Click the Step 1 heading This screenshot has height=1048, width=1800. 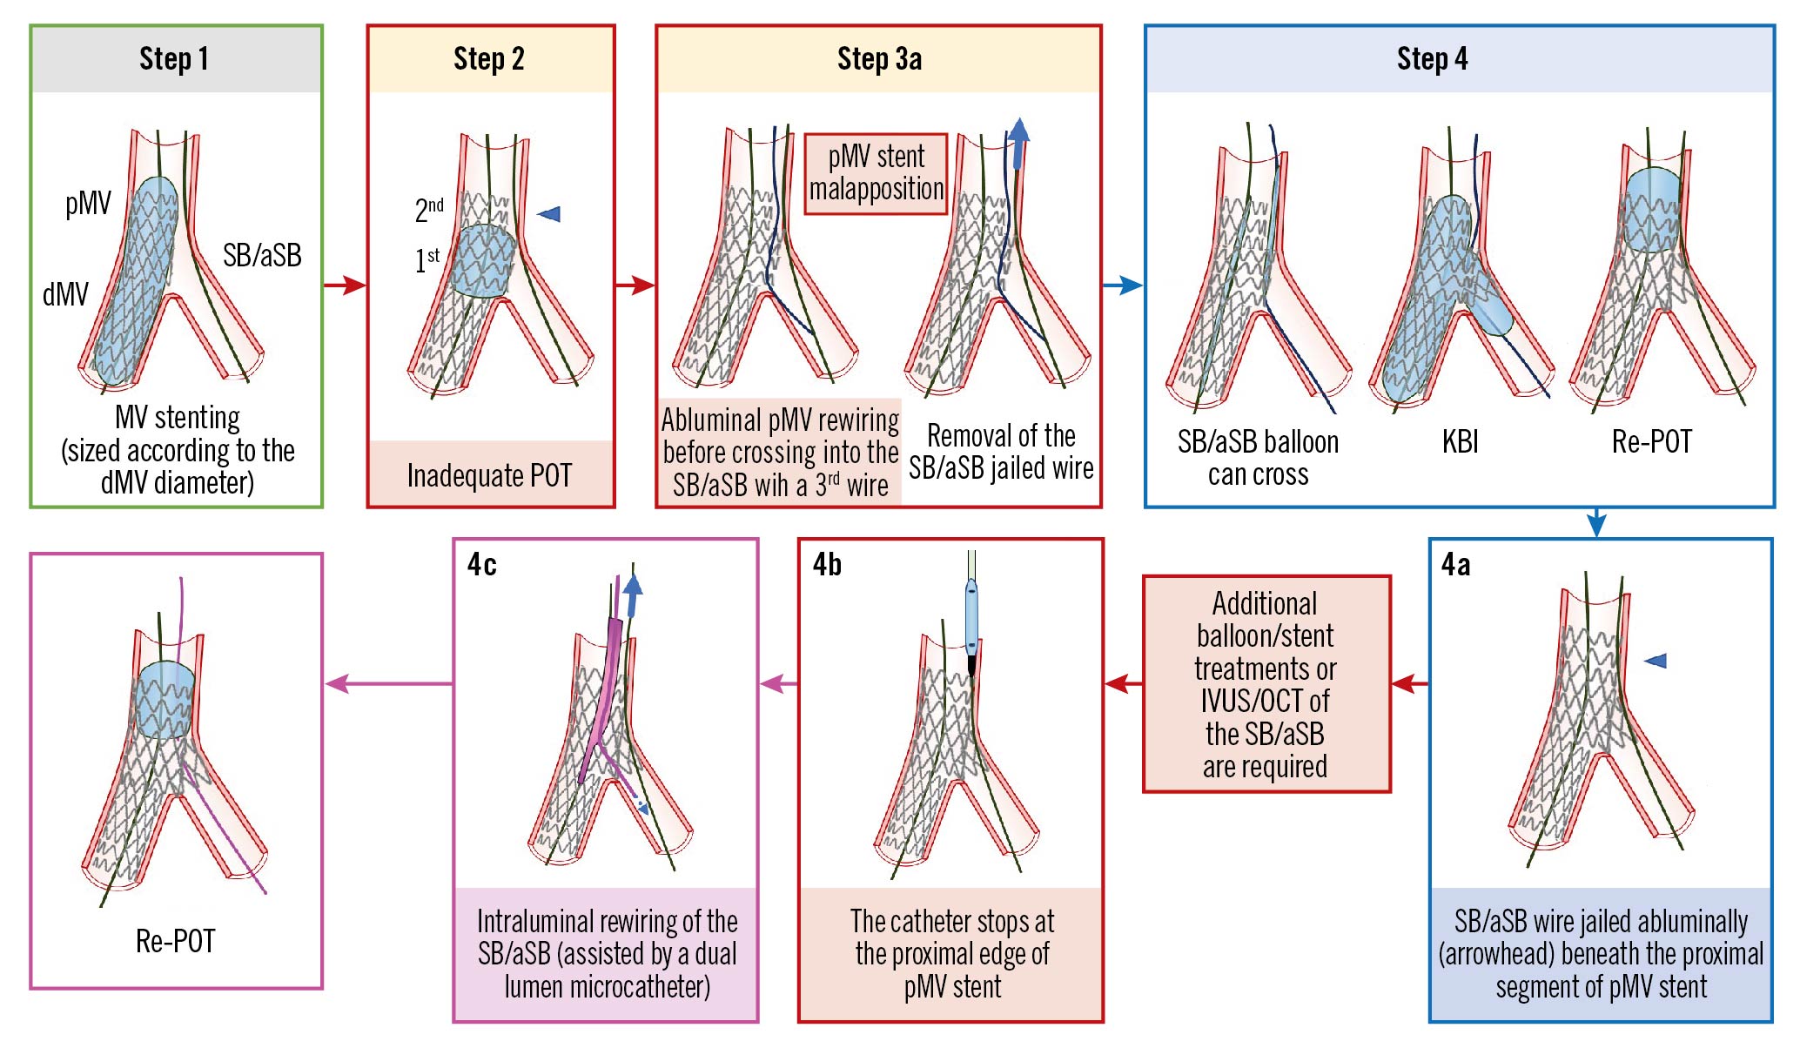[x=174, y=59]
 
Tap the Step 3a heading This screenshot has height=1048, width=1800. [x=879, y=59]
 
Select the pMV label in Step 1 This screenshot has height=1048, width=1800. [x=88, y=204]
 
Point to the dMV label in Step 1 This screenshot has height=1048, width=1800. [x=65, y=294]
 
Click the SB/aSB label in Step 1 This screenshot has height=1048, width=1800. [x=262, y=255]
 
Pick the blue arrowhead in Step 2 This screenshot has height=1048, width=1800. [x=549, y=214]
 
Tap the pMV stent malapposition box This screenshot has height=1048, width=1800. [x=876, y=173]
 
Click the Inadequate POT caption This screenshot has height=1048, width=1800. [x=490, y=475]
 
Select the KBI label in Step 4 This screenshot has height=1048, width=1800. [x=1460, y=442]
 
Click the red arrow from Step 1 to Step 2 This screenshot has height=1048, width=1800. [x=345, y=285]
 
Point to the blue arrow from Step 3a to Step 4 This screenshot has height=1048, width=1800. [x=1123, y=285]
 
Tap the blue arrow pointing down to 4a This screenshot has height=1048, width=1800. [x=1596, y=523]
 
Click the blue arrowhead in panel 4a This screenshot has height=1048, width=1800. [x=1656, y=661]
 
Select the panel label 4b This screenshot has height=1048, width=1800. [x=827, y=565]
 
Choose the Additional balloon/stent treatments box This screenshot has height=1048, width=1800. [x=1266, y=684]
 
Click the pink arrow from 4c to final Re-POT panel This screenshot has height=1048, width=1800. [x=388, y=684]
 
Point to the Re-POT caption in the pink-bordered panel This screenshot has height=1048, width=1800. [x=176, y=941]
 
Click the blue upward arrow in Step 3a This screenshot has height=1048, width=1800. [x=1018, y=143]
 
